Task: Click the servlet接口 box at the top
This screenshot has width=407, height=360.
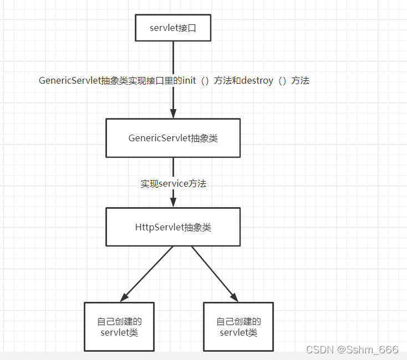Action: point(173,28)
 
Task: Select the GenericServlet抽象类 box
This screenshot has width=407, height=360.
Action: point(173,138)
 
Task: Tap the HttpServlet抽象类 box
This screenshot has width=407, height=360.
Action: point(173,227)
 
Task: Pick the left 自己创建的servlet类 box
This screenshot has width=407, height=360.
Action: point(119,327)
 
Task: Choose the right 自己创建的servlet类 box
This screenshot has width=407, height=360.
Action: point(238,327)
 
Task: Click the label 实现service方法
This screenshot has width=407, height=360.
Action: point(173,183)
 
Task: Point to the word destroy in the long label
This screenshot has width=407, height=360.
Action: point(257,81)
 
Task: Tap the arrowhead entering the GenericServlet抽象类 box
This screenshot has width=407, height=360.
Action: point(173,114)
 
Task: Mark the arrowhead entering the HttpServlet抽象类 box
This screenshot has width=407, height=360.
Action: point(173,203)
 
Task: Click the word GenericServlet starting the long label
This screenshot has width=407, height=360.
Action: point(70,81)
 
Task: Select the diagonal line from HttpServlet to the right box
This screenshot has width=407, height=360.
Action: point(213,271)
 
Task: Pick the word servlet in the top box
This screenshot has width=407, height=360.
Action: point(162,28)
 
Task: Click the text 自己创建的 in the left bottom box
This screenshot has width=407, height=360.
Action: point(119,322)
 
